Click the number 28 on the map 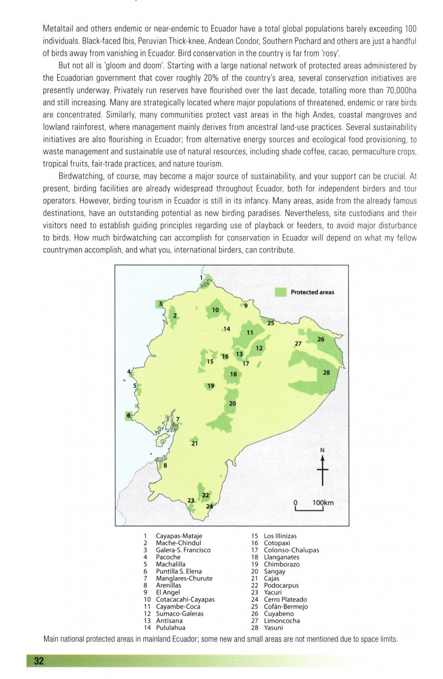pyautogui.click(x=326, y=373)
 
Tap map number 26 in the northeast pyautogui.click(x=321, y=339)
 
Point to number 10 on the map pyautogui.click(x=215, y=310)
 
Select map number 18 pyautogui.click(x=233, y=375)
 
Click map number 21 pyautogui.click(x=195, y=443)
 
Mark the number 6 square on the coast pyautogui.click(x=128, y=415)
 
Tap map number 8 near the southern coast pyautogui.click(x=165, y=466)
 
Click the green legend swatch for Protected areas pyautogui.click(x=281, y=292)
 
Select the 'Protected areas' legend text pyautogui.click(x=312, y=292)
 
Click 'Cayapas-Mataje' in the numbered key pyautogui.click(x=179, y=536)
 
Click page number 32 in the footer pyautogui.click(x=39, y=660)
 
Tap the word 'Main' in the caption pyautogui.click(x=51, y=639)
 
